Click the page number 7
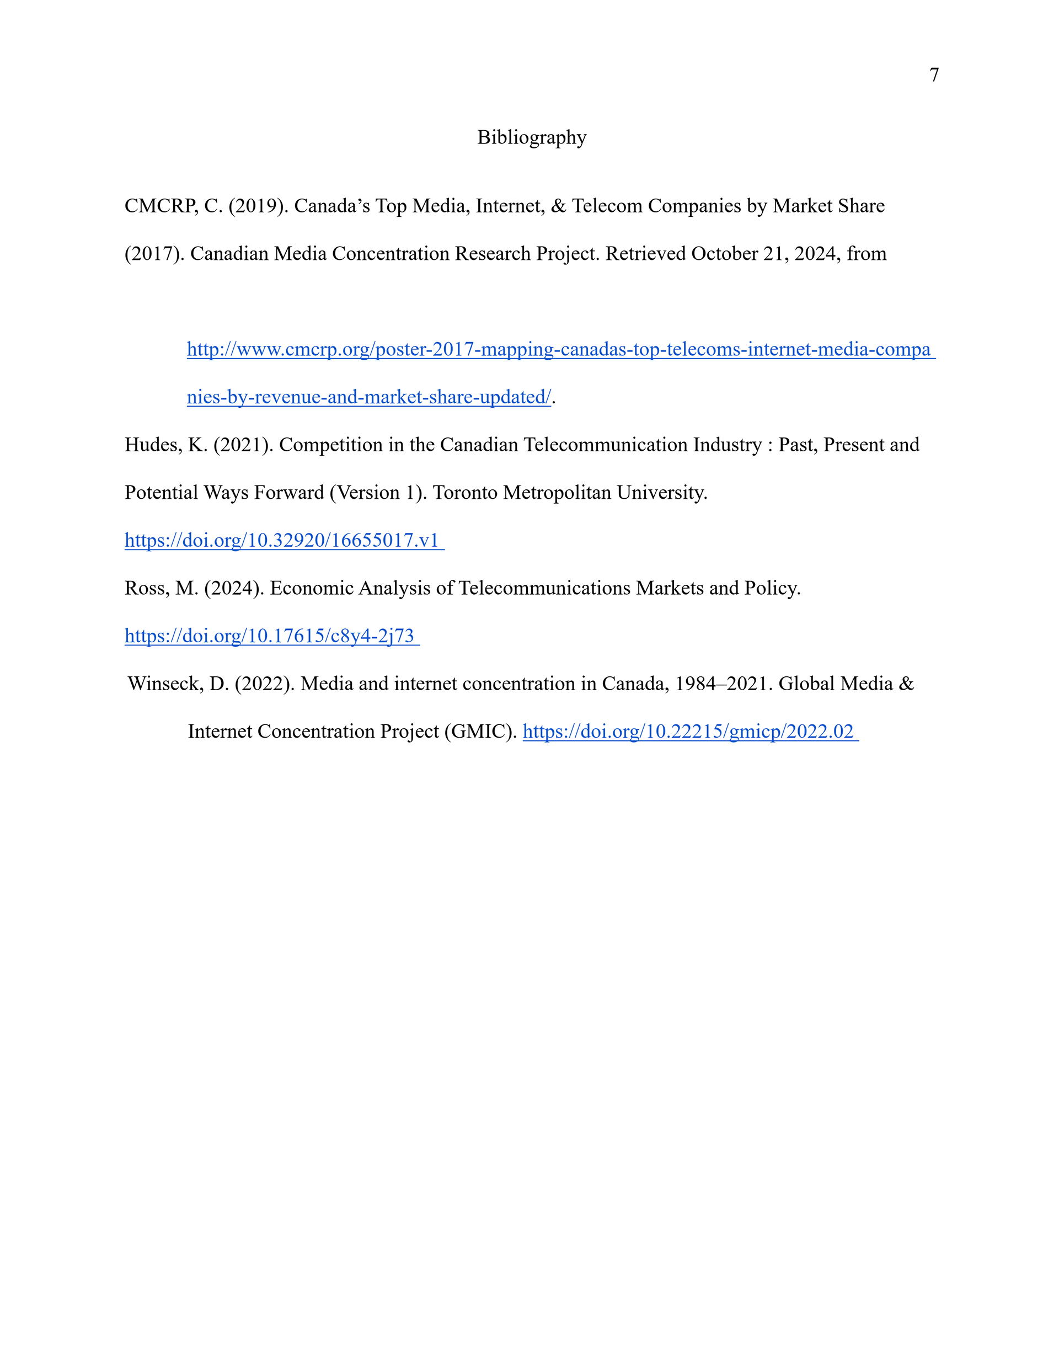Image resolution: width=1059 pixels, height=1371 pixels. [933, 74]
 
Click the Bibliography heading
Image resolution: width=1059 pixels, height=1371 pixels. [531, 137]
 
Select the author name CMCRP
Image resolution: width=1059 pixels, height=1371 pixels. [161, 206]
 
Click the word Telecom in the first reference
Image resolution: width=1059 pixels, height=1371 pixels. [606, 206]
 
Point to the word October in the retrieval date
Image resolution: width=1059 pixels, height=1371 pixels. [724, 254]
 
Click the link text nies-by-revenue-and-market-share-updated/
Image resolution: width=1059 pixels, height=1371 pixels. [368, 397]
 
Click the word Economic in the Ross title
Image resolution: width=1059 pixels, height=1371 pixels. [312, 588]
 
